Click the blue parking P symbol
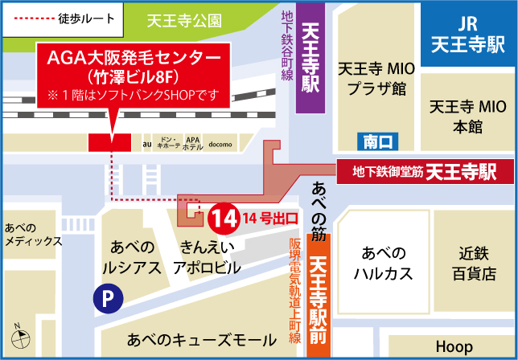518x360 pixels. point(104,300)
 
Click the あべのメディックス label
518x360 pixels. point(32,235)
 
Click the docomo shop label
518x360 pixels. point(220,145)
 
